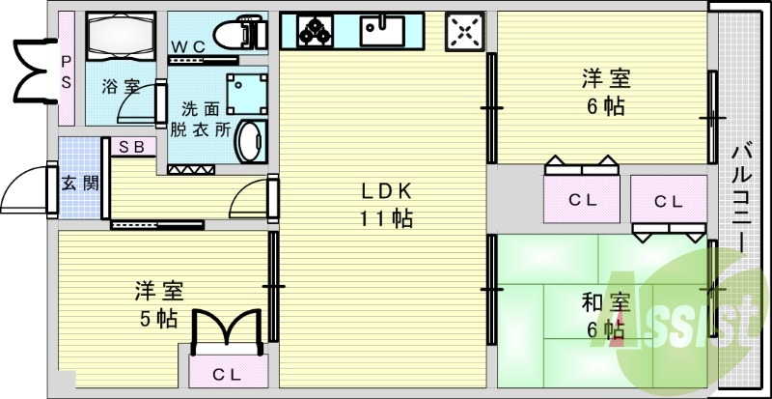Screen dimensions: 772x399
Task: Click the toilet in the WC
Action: (x=240, y=33)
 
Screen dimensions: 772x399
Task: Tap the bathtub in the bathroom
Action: (x=121, y=37)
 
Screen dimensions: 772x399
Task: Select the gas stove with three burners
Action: (x=316, y=31)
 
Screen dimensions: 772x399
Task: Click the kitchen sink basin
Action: (x=382, y=31)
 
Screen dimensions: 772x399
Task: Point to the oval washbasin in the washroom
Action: (x=251, y=141)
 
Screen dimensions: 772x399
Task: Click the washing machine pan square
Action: (x=247, y=95)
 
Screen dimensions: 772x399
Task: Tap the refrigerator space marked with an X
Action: (x=465, y=32)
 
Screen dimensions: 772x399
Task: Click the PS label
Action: (x=66, y=71)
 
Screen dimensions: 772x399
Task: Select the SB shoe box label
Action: (x=132, y=147)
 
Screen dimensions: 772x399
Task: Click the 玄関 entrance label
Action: (x=80, y=184)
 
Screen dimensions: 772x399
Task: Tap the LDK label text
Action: (x=387, y=191)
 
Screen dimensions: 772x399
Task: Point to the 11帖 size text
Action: (x=387, y=219)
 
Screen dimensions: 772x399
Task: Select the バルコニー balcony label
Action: (x=742, y=196)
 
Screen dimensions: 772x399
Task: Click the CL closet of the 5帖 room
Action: (x=227, y=374)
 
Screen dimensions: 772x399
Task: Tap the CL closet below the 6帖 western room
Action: (x=583, y=200)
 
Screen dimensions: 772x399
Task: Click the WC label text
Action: (x=187, y=46)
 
